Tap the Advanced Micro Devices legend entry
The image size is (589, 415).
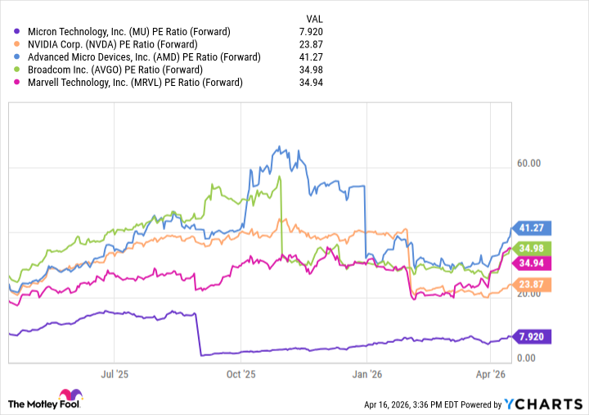click(144, 57)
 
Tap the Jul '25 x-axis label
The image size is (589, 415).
click(121, 374)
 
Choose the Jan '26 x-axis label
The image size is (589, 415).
click(367, 374)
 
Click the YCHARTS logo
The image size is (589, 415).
click(544, 404)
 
